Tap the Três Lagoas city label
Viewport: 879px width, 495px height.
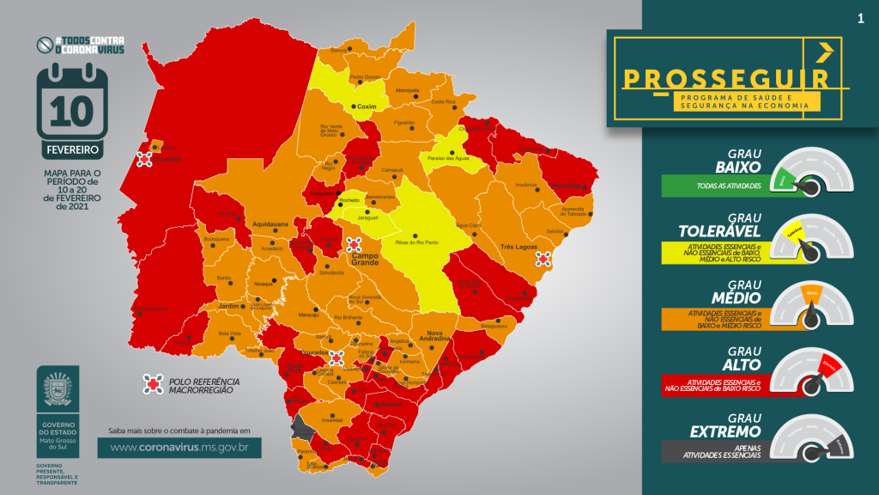point(518,247)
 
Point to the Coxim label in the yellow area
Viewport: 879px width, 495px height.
point(367,107)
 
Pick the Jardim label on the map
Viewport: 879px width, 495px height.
point(227,305)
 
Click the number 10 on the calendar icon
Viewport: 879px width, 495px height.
point(72,110)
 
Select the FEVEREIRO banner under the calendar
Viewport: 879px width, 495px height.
point(72,150)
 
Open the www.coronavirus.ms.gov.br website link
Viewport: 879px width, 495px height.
point(179,448)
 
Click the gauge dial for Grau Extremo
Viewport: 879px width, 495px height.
point(811,442)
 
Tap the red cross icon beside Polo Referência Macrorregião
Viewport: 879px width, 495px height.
point(154,384)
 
